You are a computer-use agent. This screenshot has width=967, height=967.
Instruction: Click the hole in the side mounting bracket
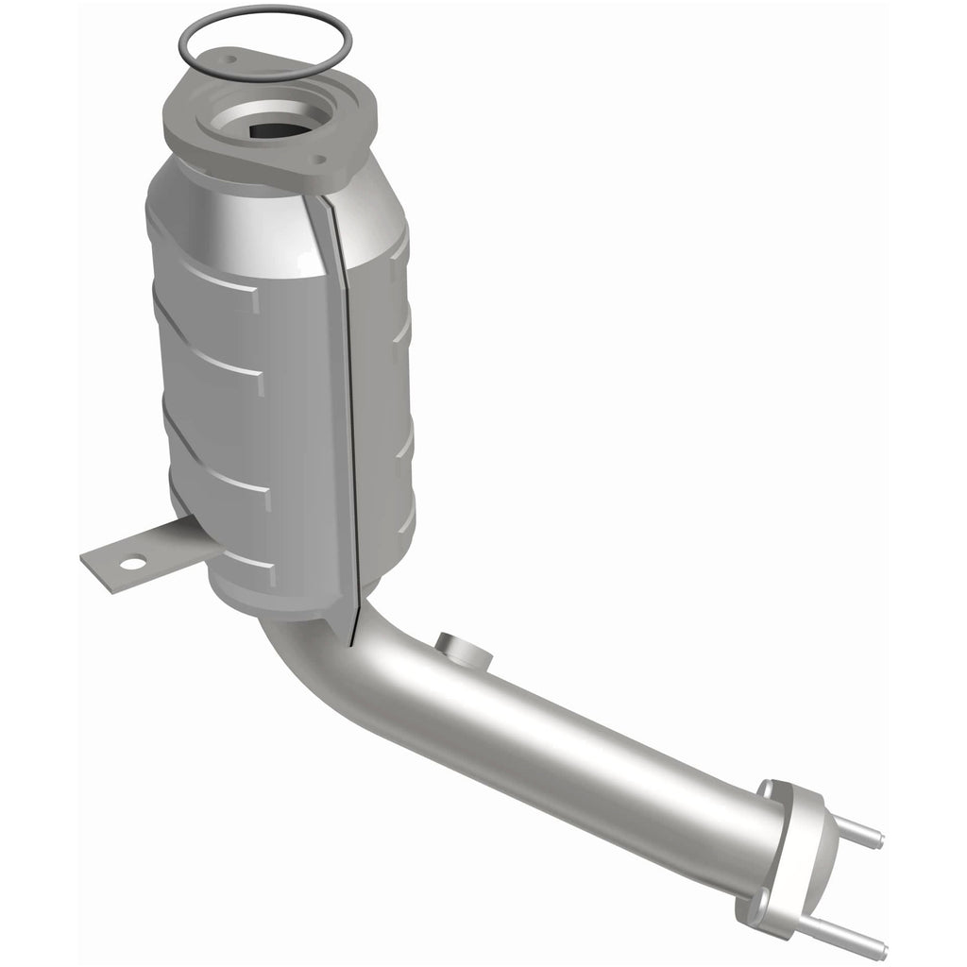(132, 565)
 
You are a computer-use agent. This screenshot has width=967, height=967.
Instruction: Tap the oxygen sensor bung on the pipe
(462, 651)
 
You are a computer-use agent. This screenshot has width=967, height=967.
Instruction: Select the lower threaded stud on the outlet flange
(859, 935)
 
